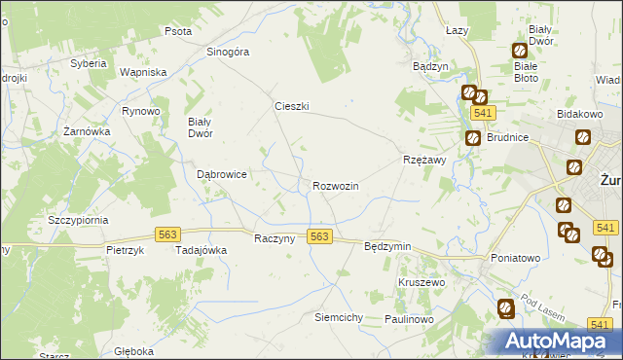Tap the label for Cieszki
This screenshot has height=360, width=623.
pos(291,107)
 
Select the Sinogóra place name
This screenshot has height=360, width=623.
pos(229,52)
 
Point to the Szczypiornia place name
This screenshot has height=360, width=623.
pos(78,220)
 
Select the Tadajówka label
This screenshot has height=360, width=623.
pos(201,250)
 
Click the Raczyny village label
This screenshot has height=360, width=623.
pos(274,239)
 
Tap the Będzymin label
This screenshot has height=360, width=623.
pos(387,247)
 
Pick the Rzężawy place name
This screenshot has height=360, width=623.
pos(423,160)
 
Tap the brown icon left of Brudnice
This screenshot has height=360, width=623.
pos(472,138)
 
